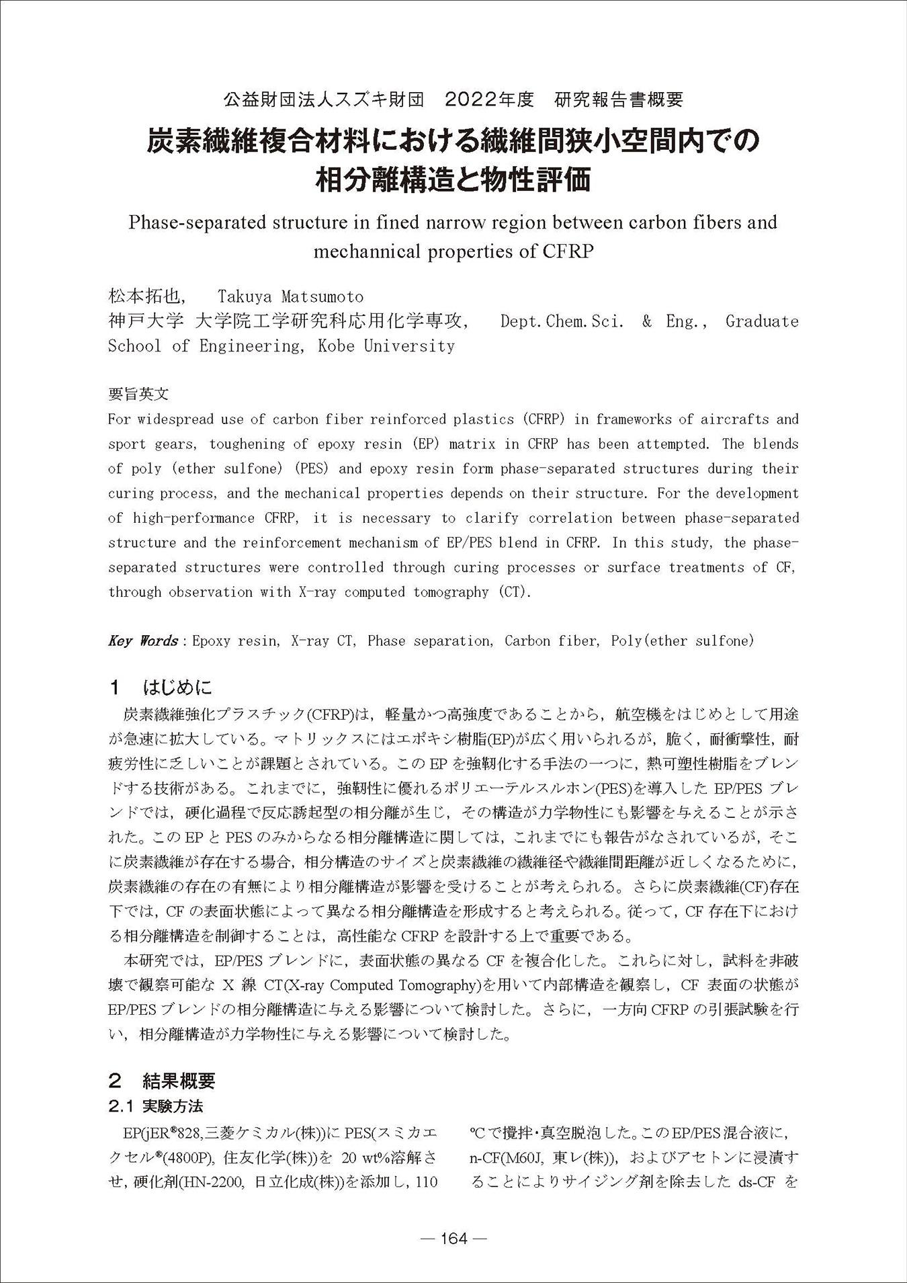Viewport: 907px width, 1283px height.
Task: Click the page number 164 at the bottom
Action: [453, 1238]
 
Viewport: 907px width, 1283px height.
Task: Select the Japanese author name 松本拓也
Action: [144, 296]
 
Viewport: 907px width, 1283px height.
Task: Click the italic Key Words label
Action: [142, 640]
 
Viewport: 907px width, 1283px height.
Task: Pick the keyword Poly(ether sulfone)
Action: [682, 640]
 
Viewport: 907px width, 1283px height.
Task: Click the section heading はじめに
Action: [177, 688]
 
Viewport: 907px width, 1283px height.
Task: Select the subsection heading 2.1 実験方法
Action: [156, 1106]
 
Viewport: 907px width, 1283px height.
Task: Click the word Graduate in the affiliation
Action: [762, 321]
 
